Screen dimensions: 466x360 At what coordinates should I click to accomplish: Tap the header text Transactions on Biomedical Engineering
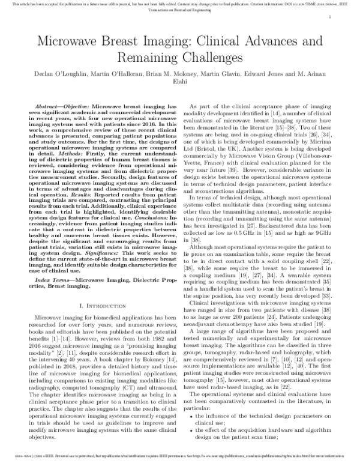pos(295,13)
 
